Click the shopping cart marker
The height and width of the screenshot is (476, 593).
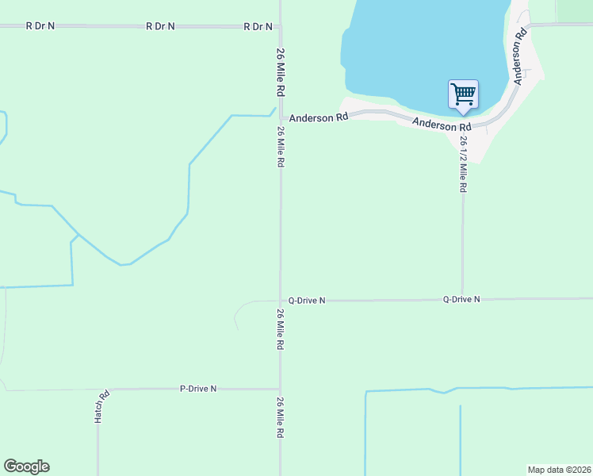[463, 94]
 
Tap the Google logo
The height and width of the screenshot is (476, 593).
[26, 466]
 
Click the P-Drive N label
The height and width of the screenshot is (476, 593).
[198, 389]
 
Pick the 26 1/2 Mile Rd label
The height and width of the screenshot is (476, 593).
[463, 164]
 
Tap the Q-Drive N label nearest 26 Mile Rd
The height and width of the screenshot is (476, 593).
[307, 301]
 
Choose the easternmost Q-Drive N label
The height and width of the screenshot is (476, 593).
[461, 299]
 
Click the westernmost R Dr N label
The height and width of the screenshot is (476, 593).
[40, 25]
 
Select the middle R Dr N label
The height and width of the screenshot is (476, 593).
[161, 26]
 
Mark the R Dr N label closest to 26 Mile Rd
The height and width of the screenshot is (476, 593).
[258, 26]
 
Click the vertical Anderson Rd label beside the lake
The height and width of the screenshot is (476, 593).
[520, 57]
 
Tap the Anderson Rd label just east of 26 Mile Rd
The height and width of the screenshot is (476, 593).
[319, 118]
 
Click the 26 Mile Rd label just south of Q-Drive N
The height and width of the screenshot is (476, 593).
[281, 329]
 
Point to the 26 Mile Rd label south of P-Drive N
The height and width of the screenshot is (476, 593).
[281, 418]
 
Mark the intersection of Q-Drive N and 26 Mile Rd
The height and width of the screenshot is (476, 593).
[280, 301]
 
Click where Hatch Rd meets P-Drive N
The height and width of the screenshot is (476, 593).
[99, 390]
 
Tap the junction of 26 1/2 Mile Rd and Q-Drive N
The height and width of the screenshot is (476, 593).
[462, 300]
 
